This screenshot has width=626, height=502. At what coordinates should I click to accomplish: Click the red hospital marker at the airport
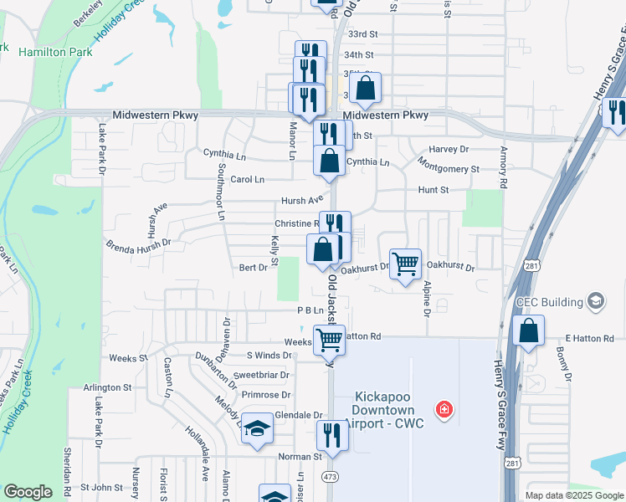click(x=445, y=409)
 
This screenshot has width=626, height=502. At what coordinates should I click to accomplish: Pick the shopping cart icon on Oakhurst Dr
click(x=406, y=264)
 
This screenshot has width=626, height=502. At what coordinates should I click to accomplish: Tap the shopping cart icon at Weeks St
click(x=330, y=340)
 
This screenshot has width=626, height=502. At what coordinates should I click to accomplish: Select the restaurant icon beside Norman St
click(x=332, y=435)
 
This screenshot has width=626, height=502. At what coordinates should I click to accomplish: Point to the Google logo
click(x=28, y=492)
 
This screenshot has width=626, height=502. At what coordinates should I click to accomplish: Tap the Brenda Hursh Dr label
click(x=138, y=243)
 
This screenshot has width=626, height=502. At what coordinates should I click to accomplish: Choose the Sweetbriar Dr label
click(x=263, y=375)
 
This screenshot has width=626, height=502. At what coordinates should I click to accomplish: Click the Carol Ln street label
click(x=247, y=179)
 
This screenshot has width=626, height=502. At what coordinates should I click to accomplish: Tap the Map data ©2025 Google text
click(x=573, y=495)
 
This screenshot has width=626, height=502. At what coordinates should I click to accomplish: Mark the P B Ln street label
click(x=310, y=310)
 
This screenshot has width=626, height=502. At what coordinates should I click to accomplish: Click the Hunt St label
click(x=434, y=190)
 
